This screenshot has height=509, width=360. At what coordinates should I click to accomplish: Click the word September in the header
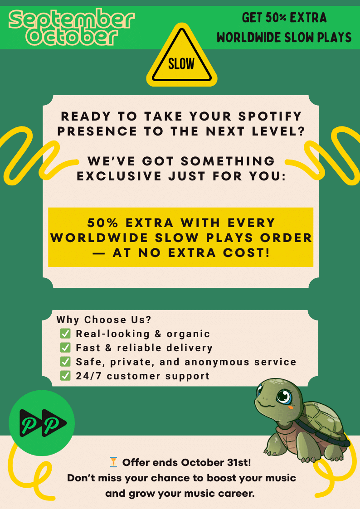(x=72, y=20)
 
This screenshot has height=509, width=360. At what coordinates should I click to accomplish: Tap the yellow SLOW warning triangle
(x=182, y=56)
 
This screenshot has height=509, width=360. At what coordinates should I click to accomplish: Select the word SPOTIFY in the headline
(x=270, y=116)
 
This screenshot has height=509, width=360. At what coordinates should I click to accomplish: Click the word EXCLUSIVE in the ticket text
(x=119, y=176)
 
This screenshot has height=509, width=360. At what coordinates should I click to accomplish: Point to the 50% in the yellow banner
(x=103, y=223)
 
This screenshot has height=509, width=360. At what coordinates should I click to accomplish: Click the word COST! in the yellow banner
(x=246, y=253)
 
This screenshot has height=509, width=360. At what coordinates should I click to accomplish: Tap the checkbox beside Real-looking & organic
(x=65, y=334)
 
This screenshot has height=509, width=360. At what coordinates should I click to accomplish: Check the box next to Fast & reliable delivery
(x=65, y=347)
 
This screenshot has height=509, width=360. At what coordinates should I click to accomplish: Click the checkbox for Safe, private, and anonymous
(x=65, y=361)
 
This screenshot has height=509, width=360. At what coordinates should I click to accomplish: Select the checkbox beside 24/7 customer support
(x=65, y=376)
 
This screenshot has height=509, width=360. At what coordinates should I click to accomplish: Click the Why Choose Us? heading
(x=104, y=320)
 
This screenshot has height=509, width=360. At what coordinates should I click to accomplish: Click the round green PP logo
(x=42, y=423)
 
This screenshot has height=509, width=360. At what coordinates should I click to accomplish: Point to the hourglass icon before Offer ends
(x=113, y=462)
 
